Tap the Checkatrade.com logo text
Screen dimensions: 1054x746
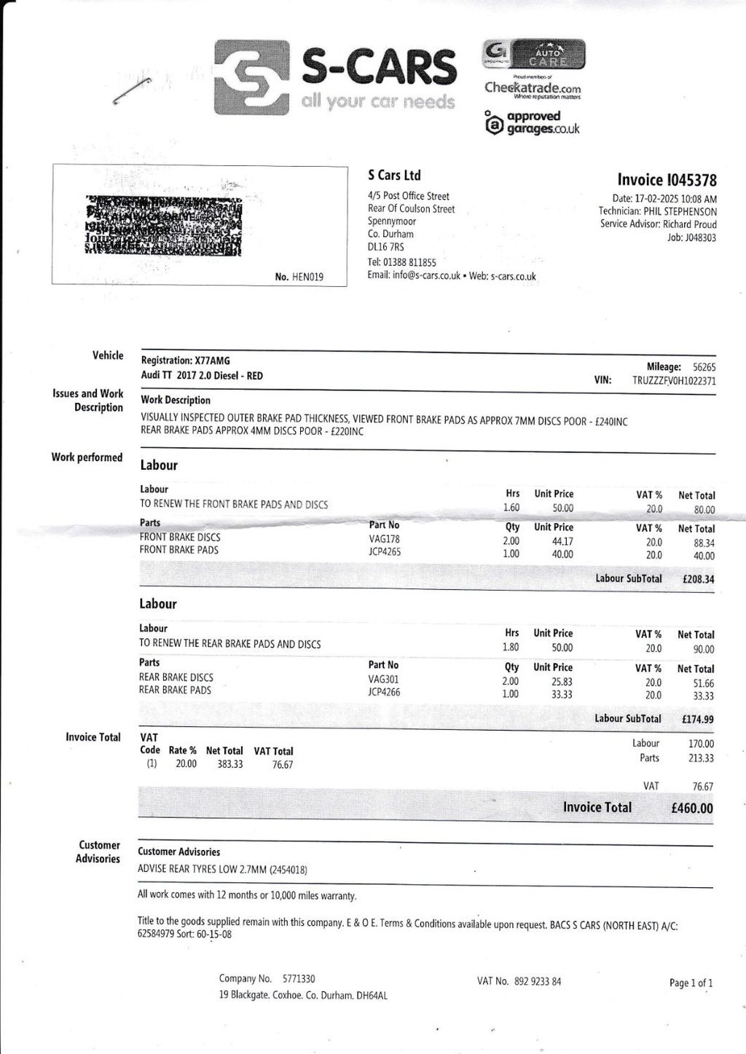533,87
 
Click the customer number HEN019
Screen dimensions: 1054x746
308,277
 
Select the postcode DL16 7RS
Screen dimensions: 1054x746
386,247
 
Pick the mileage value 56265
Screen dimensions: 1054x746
704,368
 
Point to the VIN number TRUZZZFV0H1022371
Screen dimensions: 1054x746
674,381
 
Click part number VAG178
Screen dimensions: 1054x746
385,539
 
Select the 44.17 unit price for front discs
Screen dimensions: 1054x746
563,541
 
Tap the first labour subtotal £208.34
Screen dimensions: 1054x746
698,580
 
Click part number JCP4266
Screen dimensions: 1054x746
384,692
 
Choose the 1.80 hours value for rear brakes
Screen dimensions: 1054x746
511,647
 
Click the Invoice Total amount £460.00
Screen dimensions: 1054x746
691,808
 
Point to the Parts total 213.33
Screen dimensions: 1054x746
701,758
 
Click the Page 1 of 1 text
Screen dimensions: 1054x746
691,983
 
